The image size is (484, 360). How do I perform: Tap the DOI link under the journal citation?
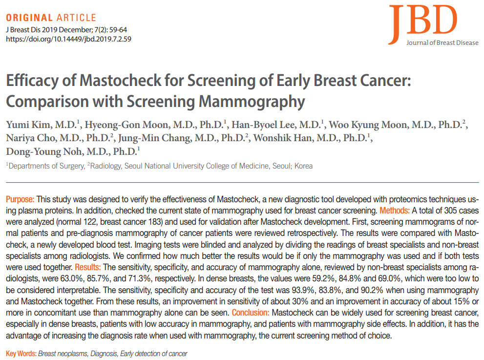point(68,38)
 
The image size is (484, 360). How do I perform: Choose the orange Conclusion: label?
point(251,312)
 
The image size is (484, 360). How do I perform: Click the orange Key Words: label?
point(21,353)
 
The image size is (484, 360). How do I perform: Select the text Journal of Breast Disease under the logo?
point(442,43)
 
